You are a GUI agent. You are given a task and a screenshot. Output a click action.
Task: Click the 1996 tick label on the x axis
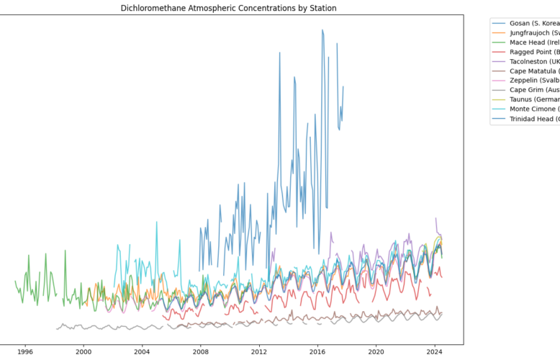[25, 352]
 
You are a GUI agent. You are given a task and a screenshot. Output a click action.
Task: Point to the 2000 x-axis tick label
[83, 352]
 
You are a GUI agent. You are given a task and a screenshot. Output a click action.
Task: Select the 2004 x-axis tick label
[142, 352]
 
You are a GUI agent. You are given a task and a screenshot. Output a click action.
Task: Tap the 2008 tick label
[201, 352]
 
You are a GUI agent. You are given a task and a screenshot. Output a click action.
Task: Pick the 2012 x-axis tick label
[259, 352]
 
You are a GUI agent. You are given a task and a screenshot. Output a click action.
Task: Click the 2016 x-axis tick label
[317, 352]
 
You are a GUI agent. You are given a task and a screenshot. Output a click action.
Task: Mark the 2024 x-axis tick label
[434, 352]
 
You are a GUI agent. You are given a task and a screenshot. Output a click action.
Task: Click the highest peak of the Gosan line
[322, 30]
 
